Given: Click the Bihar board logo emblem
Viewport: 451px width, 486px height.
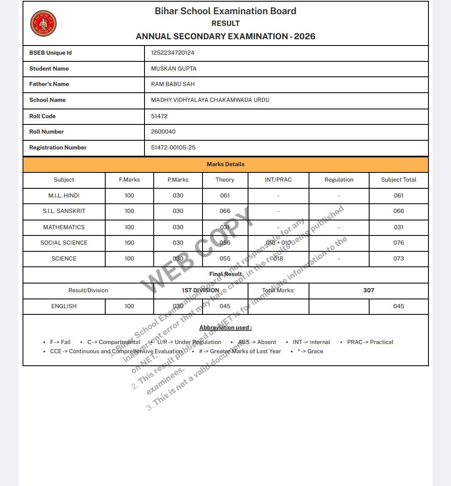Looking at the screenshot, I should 43,23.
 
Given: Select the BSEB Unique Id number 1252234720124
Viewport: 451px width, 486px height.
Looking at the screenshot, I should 172,53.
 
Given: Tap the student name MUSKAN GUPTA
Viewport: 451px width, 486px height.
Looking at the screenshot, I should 174,68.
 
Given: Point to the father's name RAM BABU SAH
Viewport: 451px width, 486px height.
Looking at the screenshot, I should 173,84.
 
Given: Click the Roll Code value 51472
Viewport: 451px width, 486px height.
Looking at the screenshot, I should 159,116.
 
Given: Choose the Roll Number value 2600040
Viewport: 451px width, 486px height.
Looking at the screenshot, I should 163,132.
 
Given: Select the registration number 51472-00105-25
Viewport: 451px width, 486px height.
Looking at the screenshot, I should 173,147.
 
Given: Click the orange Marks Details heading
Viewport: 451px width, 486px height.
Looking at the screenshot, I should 225,164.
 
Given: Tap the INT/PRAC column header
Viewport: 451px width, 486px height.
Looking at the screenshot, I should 278,180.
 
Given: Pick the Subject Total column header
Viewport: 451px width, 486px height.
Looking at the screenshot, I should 398,180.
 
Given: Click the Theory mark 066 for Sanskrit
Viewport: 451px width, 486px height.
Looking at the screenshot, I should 225,211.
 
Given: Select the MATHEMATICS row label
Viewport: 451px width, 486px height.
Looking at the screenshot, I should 64,227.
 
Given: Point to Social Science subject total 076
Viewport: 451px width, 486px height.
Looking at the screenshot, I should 398,243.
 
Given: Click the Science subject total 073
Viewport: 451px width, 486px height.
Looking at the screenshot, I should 398,258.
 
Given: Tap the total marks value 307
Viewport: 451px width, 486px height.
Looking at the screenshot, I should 368,290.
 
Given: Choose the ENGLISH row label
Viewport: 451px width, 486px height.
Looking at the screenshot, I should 64,306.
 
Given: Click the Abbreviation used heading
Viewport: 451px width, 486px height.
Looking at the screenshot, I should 225,327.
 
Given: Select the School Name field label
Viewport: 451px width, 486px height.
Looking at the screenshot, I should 47,100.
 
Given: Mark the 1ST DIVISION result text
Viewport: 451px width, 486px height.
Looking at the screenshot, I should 200,290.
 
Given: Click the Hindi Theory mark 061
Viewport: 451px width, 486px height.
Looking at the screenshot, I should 225,195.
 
